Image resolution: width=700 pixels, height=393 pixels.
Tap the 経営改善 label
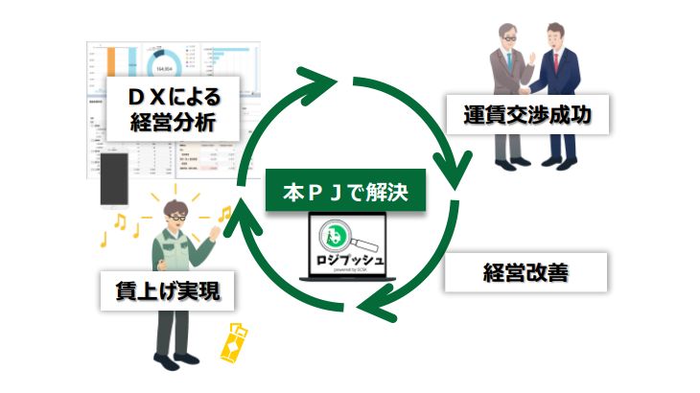(526, 272)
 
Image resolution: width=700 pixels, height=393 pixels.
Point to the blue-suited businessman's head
(559, 38)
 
